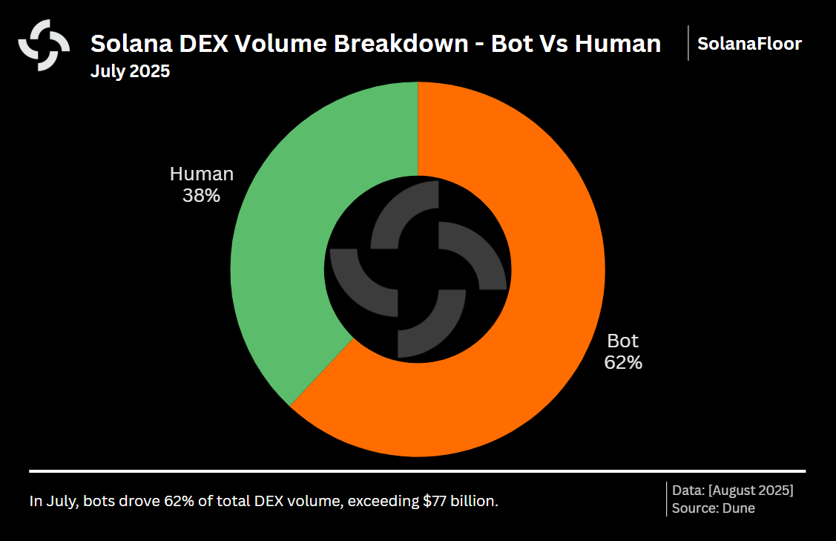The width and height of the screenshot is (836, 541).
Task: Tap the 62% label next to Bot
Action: pyautogui.click(x=623, y=363)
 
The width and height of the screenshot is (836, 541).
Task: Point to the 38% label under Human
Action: pyautogui.click(x=201, y=196)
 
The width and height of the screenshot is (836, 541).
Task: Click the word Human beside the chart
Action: pyautogui.click(x=201, y=174)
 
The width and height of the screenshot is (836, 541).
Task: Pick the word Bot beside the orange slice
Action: pyautogui.click(x=623, y=341)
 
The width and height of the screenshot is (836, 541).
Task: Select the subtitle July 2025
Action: pyautogui.click(x=130, y=72)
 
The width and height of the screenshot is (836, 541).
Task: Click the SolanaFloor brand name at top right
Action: pyautogui.click(x=749, y=44)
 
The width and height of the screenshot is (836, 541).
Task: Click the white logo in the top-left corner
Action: pyautogui.click(x=44, y=45)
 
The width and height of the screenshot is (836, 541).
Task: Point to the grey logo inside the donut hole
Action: pyautogui.click(x=418, y=269)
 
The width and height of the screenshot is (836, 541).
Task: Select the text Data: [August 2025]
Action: pyautogui.click(x=732, y=491)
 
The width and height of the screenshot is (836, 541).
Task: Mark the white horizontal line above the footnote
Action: pyautogui.click(x=417, y=470)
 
